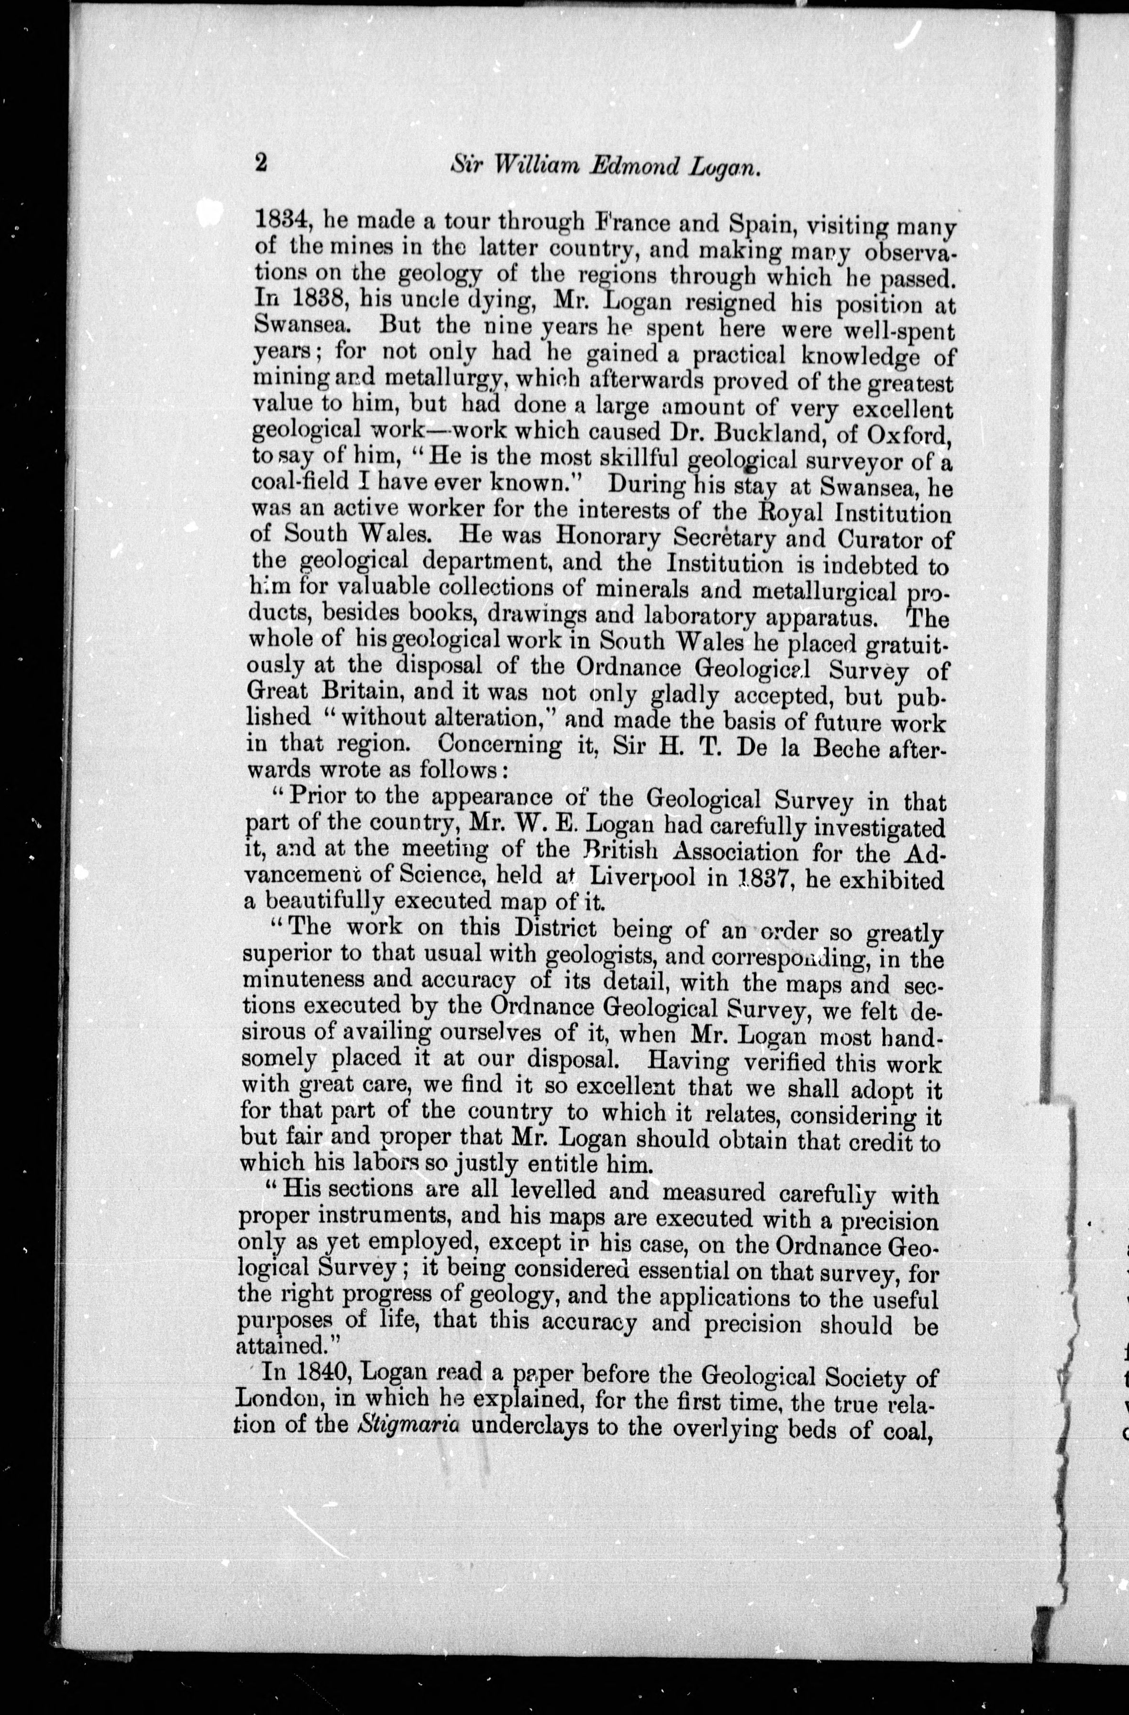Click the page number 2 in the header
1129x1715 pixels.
point(261,163)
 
